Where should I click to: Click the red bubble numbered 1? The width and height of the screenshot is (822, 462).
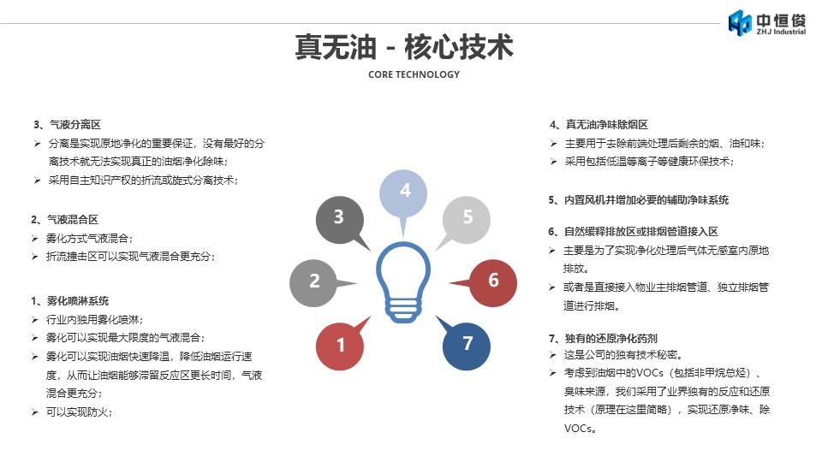340,346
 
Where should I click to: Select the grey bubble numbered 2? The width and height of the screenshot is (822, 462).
314,283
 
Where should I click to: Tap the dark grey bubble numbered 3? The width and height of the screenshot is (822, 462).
340,220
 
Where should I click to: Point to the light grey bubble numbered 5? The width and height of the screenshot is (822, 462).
466,220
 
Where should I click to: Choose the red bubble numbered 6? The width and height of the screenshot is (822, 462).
493,283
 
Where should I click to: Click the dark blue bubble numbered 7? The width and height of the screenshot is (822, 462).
466,346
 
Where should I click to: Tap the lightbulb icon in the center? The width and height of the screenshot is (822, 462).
403,281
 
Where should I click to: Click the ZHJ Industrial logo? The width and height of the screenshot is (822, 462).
767,23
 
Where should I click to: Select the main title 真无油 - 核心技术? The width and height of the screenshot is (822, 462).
404,46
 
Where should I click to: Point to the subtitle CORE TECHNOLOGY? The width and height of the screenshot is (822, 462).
414,74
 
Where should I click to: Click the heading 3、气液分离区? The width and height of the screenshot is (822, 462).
67,125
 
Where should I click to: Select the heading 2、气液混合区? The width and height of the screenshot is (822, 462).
64,220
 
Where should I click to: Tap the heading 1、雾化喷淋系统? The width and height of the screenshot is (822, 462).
69,300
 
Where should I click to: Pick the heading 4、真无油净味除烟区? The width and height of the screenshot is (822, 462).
599,125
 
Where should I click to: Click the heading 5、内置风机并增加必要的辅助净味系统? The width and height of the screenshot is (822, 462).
639,199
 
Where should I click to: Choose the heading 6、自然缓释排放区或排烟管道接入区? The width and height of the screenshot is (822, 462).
634,232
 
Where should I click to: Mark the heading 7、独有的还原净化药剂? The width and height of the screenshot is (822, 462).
603,339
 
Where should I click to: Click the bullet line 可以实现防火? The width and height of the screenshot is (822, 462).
80,412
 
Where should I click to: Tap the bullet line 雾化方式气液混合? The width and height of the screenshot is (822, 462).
90,239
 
